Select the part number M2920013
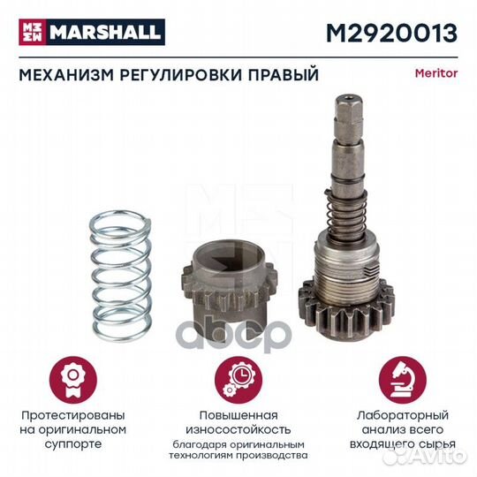[x=394, y=33]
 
